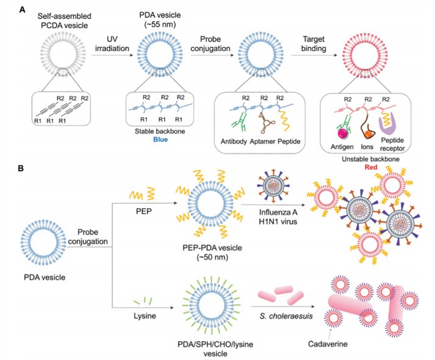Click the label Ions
tap(367, 146)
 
